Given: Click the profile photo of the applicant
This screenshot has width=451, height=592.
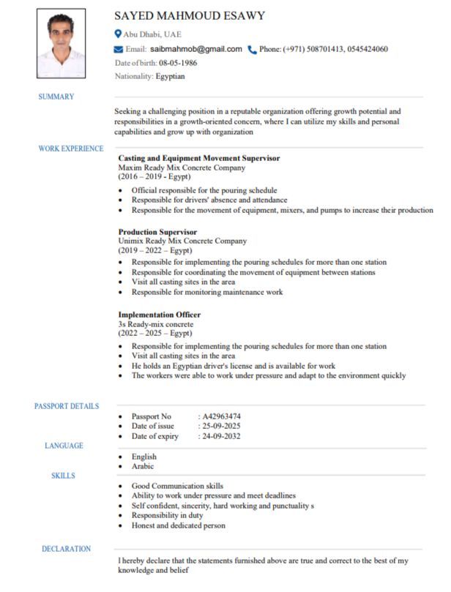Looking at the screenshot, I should click(61, 43).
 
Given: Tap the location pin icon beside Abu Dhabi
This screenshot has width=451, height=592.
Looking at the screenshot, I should click(118, 34).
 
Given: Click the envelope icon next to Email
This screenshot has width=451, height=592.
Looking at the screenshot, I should click(119, 49).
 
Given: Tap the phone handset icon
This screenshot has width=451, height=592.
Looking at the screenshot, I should click(253, 50).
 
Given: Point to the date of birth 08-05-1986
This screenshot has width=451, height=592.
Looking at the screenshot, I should click(178, 62).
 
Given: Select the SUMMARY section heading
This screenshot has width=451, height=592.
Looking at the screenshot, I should click(56, 97).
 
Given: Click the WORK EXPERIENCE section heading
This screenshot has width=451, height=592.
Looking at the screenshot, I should click(71, 149).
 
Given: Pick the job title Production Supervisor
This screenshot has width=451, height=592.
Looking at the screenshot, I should click(157, 232).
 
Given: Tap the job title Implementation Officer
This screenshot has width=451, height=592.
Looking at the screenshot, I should click(160, 315).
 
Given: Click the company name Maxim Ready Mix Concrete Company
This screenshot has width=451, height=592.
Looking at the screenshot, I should click(182, 168).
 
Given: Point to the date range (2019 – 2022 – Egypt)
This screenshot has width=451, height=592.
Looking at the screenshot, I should click(155, 250).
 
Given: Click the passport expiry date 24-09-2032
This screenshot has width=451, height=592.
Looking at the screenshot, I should click(222, 436).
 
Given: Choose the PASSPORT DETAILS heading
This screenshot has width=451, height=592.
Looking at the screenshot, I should click(67, 406).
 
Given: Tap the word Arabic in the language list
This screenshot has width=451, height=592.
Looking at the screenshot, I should click(143, 466).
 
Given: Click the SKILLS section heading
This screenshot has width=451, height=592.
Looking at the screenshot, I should click(63, 476).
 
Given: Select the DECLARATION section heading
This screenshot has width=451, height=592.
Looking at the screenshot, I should click(66, 549).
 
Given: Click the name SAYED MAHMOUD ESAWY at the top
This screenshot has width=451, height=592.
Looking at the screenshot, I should click(190, 16).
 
